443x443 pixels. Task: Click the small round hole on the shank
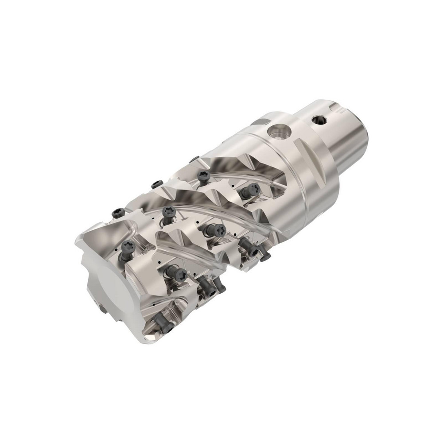click(x=317, y=120)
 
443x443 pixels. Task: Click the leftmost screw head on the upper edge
click(x=118, y=213)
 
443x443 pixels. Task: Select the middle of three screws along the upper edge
click(x=157, y=184)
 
